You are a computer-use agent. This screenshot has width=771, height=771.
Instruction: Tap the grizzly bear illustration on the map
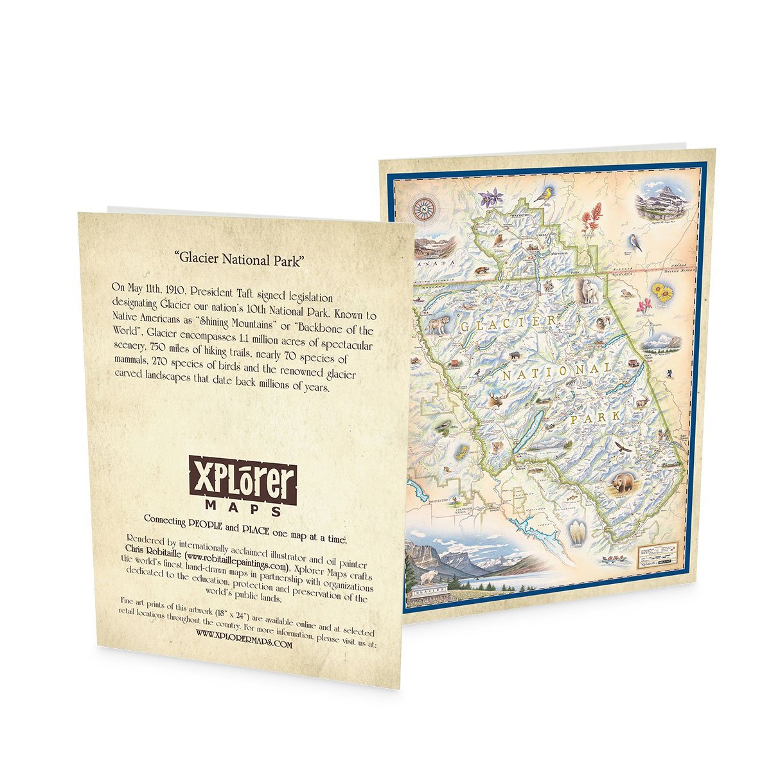click(621, 483)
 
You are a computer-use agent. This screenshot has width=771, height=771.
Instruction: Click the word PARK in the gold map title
click(594, 418)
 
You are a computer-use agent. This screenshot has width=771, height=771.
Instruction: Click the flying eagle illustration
click(620, 446)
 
